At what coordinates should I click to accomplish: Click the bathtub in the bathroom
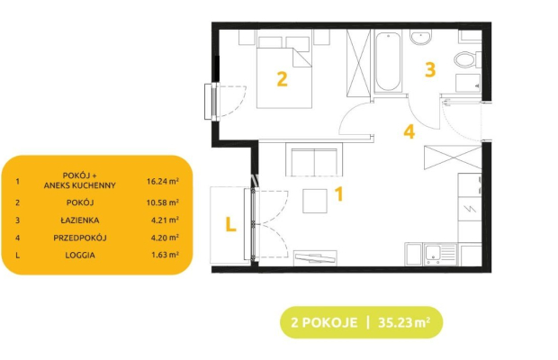point(388,61)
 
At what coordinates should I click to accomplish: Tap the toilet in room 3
point(467,59)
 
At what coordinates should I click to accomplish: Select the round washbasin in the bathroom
point(420,37)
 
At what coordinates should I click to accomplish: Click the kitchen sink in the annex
point(440,255)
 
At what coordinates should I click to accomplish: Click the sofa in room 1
point(314,159)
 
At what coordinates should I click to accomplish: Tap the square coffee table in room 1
point(315,201)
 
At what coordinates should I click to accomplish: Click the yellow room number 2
point(282,79)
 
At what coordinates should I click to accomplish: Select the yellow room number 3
point(430,69)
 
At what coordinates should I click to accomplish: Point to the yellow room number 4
point(409,131)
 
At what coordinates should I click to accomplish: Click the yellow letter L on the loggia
point(230,224)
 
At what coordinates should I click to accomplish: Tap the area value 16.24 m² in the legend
point(163,182)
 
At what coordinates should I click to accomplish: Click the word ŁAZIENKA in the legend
point(80,220)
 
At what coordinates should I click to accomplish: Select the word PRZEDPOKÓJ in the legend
point(80,238)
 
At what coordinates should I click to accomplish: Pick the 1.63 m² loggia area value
point(165,255)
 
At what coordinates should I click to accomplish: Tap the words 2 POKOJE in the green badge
point(324,322)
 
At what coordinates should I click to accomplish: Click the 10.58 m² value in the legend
point(163,202)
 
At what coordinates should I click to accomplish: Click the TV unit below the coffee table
point(315,258)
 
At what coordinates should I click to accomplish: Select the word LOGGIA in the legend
point(80,255)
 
